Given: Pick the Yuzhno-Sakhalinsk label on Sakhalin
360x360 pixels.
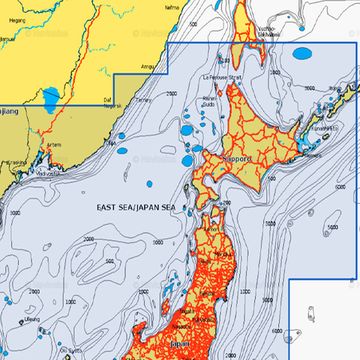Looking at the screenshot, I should click(267, 33).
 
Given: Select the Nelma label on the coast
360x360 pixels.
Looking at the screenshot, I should click(173, 7).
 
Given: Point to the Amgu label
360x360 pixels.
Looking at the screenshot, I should click(151, 66).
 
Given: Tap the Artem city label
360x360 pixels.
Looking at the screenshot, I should click(54, 143).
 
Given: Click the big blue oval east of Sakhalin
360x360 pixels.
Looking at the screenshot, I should click(300, 53).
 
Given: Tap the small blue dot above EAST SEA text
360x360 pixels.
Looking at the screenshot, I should click(151, 185).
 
